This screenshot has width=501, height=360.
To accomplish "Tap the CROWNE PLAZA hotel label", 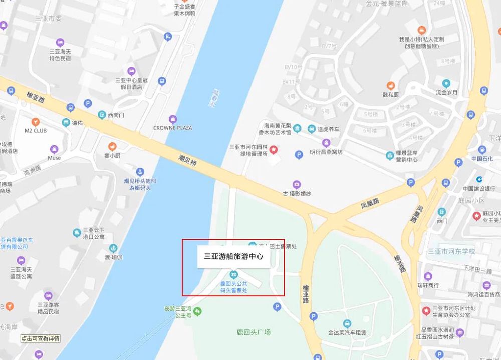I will point(173,128).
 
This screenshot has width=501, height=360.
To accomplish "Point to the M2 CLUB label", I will point(35,131).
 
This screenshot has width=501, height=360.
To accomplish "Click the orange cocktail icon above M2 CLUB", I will point(35,122).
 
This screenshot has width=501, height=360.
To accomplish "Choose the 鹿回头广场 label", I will point(254,332).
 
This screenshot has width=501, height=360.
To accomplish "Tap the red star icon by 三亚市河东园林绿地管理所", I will point(274,149).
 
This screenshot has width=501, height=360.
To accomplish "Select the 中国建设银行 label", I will point(479,189).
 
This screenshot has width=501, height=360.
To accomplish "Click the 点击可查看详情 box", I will point(40,338).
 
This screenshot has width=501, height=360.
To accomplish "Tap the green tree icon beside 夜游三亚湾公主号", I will point(198,312).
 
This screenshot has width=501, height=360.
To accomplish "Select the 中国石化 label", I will point(482,159).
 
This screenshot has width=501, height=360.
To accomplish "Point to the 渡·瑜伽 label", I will point(113,257).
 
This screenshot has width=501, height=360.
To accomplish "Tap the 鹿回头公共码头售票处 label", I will point(233,287).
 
